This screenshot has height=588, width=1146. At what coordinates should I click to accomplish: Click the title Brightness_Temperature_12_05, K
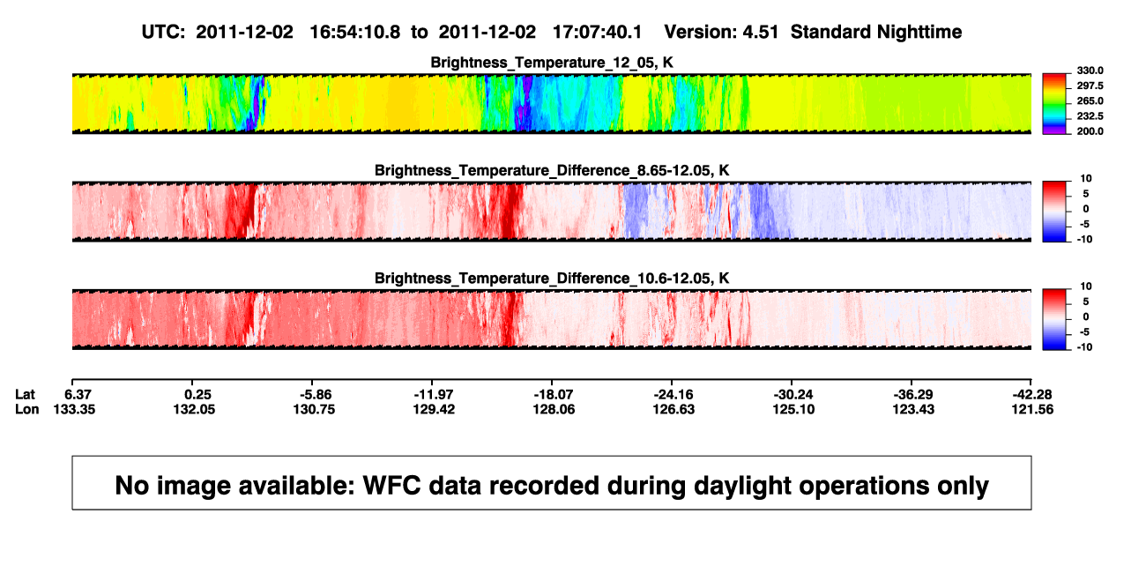click(552, 63)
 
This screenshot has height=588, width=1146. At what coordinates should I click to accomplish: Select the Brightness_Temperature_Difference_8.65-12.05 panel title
click(552, 170)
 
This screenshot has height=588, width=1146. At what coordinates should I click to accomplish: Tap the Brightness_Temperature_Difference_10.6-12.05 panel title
click(552, 279)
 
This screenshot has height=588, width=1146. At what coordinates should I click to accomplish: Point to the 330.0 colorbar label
click(1090, 71)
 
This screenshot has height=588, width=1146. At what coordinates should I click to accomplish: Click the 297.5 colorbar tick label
click(1090, 86)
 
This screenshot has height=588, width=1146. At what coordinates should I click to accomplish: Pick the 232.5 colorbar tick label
click(1090, 116)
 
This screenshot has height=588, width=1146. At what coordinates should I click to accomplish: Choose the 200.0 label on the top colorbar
click(1090, 131)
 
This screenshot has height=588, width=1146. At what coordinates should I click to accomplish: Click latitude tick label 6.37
click(78, 395)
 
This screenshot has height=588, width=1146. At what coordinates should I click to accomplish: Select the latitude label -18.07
click(554, 395)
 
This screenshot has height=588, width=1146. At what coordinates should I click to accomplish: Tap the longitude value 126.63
click(673, 409)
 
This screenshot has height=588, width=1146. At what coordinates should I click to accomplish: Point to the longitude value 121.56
click(1032, 409)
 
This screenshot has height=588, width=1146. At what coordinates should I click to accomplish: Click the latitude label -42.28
click(1032, 395)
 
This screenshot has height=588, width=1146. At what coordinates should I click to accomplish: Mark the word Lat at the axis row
click(25, 395)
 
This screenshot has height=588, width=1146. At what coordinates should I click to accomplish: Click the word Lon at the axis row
click(27, 409)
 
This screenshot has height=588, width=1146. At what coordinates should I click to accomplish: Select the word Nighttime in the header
click(919, 32)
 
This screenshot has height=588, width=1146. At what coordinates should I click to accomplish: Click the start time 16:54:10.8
click(355, 32)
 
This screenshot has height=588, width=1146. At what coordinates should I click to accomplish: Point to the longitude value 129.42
click(434, 409)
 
